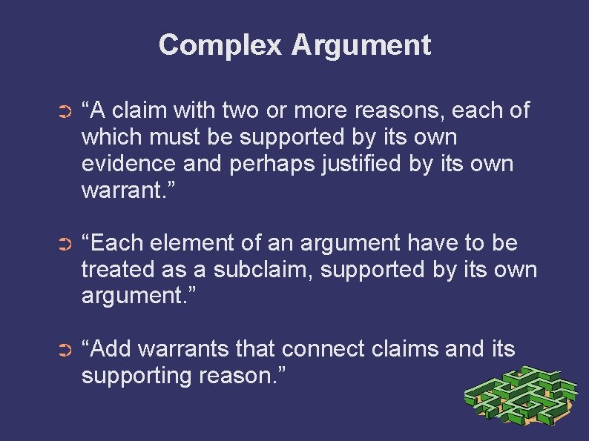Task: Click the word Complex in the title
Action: click(x=220, y=45)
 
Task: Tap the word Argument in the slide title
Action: click(x=361, y=45)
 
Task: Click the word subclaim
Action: click(x=261, y=269)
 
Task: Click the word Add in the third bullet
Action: click(x=110, y=349)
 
